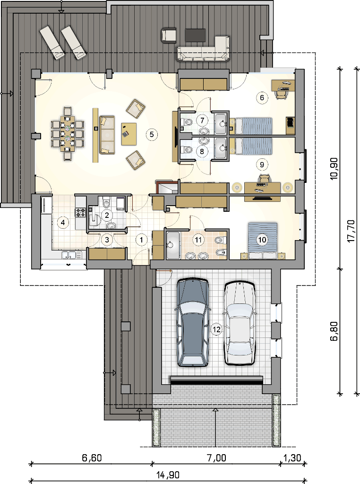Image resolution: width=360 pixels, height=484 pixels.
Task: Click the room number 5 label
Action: [x=152, y=135]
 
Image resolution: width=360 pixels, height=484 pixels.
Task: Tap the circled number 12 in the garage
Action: [x=216, y=329]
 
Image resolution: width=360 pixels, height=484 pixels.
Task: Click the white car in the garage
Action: [x=240, y=322]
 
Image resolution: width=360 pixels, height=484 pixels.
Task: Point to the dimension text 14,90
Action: [x=168, y=475]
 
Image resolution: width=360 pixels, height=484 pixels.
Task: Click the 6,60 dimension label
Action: [x=92, y=458]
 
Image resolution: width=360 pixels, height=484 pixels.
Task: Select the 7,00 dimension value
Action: [x=216, y=458]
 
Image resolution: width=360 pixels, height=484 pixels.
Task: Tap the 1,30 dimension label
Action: [x=292, y=458]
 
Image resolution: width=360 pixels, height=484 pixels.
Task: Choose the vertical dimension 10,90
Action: [x=334, y=169]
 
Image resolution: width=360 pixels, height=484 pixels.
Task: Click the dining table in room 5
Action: [x=68, y=133]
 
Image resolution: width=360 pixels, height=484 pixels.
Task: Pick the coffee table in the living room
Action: [x=129, y=134]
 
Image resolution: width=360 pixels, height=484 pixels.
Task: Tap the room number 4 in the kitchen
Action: [x=63, y=222]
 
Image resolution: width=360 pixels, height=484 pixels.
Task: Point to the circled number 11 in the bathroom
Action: [x=198, y=240]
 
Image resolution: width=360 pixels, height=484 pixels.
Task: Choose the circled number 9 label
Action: [x=262, y=164]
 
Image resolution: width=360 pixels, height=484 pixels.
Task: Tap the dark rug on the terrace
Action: [x=196, y=35]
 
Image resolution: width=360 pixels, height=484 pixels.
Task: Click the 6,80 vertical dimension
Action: [x=334, y=331]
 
